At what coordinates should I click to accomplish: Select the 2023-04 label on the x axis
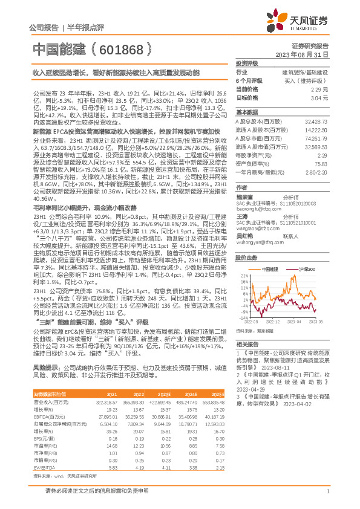tap(294, 322)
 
